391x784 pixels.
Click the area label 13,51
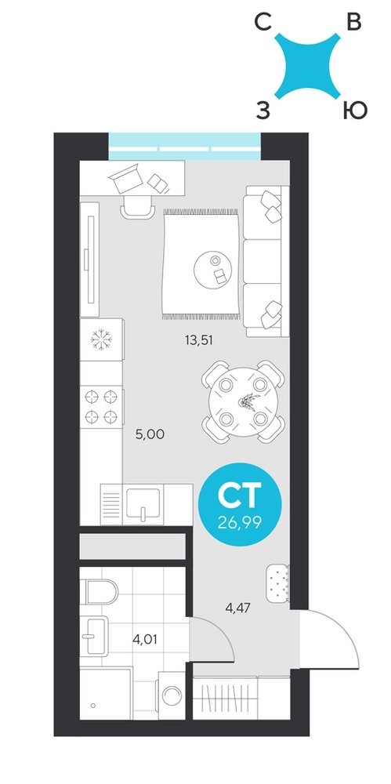click(x=199, y=340)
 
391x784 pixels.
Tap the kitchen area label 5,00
click(x=150, y=434)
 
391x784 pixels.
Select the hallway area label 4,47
click(x=238, y=608)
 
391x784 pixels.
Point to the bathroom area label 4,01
click(x=144, y=639)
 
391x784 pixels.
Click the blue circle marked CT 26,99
click(x=240, y=504)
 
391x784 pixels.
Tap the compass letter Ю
click(x=356, y=111)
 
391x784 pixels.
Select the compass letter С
click(x=263, y=23)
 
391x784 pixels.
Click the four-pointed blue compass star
click(x=308, y=66)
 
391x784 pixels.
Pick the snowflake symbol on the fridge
click(x=102, y=339)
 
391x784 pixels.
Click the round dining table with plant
click(x=243, y=402)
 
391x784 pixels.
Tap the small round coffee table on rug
click(x=213, y=270)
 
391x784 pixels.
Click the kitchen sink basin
click(x=143, y=503)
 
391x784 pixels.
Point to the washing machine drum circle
click(x=172, y=695)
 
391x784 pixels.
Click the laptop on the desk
click(x=126, y=178)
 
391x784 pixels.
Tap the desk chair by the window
click(x=137, y=207)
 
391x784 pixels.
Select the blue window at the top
click(x=184, y=146)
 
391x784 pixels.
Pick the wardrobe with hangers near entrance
click(x=241, y=698)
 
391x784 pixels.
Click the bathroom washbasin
click(x=94, y=636)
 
